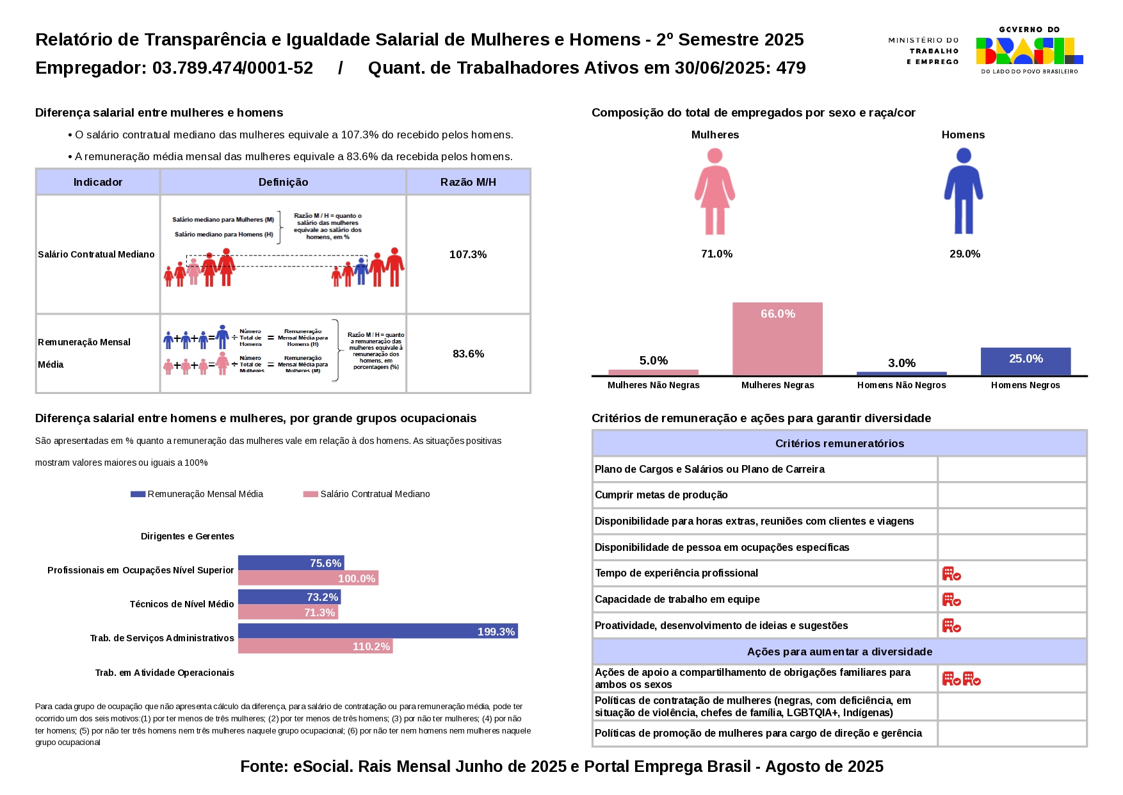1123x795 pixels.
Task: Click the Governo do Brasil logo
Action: click(x=1029, y=51)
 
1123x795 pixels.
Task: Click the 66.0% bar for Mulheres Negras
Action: click(x=777, y=339)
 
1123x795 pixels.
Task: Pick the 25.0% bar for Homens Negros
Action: click(x=1025, y=361)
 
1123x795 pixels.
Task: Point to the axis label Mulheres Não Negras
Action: click(x=653, y=385)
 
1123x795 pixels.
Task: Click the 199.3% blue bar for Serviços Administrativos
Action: click(x=378, y=631)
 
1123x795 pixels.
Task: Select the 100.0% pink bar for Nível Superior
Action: click(x=308, y=578)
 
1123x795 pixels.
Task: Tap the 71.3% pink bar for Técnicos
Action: click(x=287, y=612)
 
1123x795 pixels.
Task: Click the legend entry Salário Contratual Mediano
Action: click(x=375, y=494)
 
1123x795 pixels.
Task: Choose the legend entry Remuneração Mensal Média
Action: click(x=205, y=494)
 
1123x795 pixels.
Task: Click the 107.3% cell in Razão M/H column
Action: click(x=468, y=254)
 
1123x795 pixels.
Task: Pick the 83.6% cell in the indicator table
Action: click(x=468, y=354)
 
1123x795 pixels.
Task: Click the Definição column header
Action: click(x=283, y=182)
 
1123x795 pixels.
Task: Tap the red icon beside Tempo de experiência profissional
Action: click(x=951, y=573)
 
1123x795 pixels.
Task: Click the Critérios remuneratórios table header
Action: click(x=839, y=443)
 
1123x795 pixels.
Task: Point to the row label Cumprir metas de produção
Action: click(x=661, y=495)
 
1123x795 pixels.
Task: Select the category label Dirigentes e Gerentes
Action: click(x=187, y=536)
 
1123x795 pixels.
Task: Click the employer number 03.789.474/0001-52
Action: click(x=232, y=68)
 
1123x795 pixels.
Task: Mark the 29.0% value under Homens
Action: click(x=964, y=254)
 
